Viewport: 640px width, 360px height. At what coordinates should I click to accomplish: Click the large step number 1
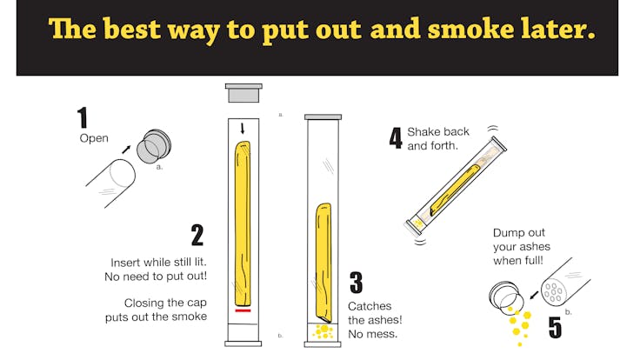83,117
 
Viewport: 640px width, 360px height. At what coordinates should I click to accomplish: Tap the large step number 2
197,235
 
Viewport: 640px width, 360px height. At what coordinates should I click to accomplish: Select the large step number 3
356,283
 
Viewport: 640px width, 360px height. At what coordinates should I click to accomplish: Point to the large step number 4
396,138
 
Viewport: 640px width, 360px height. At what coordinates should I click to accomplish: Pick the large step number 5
555,327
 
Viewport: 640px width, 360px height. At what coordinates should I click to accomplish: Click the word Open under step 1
94,138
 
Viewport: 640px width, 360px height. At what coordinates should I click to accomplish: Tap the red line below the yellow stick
243,311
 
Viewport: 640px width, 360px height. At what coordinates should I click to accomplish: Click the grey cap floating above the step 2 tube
243,93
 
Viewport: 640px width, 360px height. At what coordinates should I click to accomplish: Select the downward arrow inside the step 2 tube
243,128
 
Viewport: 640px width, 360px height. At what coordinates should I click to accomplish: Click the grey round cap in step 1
153,147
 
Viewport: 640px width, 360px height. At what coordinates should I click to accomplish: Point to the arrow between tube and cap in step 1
126,150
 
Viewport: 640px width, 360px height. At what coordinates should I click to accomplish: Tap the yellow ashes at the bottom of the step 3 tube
323,331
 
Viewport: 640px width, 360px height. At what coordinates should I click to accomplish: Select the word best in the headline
132,29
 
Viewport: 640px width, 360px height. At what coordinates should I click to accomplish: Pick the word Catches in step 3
370,306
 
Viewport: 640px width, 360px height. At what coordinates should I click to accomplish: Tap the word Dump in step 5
507,233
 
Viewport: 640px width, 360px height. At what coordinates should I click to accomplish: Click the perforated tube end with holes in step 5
553,291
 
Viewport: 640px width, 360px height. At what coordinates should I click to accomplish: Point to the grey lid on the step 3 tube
323,117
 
